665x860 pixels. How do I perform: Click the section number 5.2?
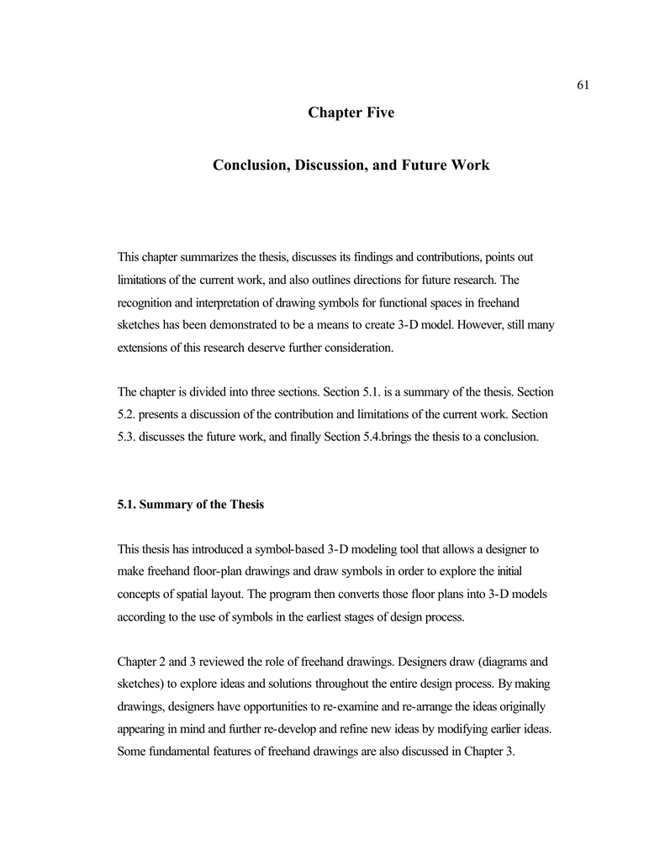tap(126, 415)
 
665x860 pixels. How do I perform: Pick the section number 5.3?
tap(126, 438)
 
